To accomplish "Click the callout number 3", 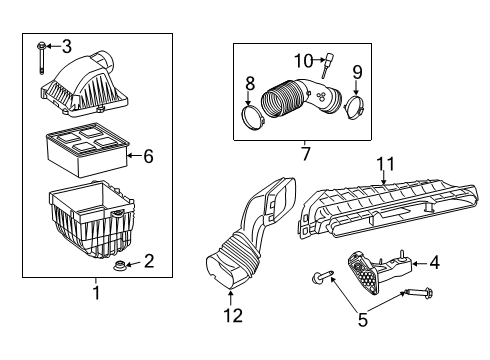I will [x=66, y=45].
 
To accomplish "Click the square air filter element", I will [x=85, y=147].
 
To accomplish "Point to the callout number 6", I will [x=148, y=156].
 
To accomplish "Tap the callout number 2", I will [x=148, y=262].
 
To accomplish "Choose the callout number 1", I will [x=96, y=294].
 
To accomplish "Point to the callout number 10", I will [x=303, y=60].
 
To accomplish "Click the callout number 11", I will [x=384, y=163].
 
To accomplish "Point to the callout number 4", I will [x=434, y=263].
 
